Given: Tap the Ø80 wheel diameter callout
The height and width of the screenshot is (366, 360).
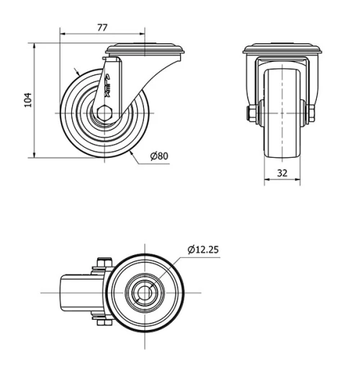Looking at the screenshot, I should (159, 155).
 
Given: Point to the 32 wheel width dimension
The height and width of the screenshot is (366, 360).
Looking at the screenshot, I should (282, 173).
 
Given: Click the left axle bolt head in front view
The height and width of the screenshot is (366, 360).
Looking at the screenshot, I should (248, 113).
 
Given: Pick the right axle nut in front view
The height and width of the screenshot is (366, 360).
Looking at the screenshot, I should (314, 113).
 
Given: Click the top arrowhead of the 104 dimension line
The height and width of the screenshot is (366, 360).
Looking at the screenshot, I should (34, 45).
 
